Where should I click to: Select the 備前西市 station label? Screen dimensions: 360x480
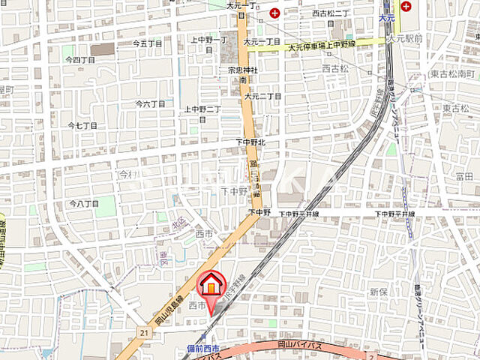point(202,349)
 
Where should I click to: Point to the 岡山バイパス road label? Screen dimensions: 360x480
point(300,346)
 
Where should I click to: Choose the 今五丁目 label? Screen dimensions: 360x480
point(148,43)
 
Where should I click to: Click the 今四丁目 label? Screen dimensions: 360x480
point(79,59)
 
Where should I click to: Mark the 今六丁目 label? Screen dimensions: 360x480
point(148,103)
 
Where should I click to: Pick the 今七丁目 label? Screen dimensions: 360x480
point(82,125)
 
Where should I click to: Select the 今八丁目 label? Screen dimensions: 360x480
point(84,203)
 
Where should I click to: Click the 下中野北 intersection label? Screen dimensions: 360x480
point(250,142)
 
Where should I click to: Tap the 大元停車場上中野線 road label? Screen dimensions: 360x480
point(322,45)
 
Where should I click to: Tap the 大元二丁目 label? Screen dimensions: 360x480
point(262,96)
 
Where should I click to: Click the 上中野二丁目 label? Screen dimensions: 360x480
point(202,109)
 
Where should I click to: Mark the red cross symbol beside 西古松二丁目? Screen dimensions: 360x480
point(275,13)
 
